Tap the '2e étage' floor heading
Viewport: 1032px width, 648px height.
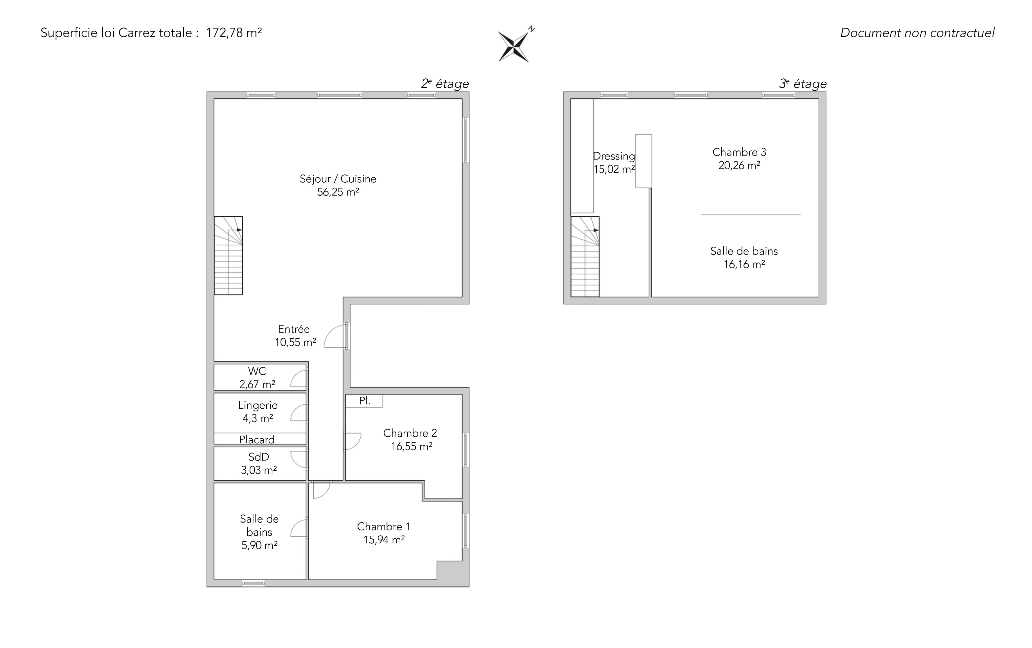445,84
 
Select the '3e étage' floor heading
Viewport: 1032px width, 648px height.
803,84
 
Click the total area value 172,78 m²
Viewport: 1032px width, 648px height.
234,33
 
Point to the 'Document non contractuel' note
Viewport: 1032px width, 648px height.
917,33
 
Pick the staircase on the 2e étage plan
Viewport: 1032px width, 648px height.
229,255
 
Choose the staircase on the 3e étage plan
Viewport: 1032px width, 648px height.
585,256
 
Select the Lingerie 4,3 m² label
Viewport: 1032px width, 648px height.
258,411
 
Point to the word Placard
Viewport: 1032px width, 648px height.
257,439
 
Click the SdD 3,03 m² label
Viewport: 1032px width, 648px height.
259,463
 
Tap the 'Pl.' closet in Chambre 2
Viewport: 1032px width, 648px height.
364,401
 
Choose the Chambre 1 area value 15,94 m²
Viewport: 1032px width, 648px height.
384,540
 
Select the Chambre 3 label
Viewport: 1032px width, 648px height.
739,152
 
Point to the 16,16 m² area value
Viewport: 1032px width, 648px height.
745,265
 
